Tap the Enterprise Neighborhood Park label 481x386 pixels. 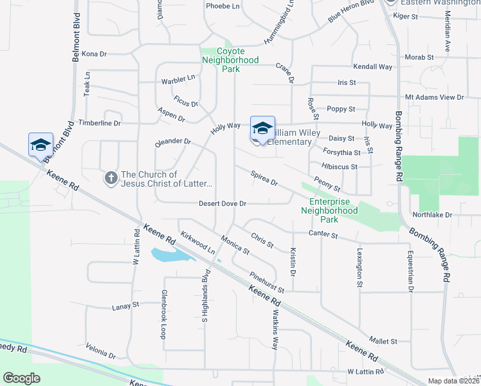(329, 210)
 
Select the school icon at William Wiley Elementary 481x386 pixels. (262, 129)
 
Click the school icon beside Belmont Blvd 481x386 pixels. (41, 145)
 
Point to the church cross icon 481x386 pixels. (111, 178)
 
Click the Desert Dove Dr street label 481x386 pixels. (222, 204)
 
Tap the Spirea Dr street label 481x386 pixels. (264, 179)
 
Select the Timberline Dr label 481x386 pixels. (99, 123)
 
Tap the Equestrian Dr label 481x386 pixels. (409, 271)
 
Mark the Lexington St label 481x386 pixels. (359, 262)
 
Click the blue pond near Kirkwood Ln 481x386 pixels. (172, 255)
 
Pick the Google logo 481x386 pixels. (21, 378)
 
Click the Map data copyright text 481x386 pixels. (453, 381)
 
